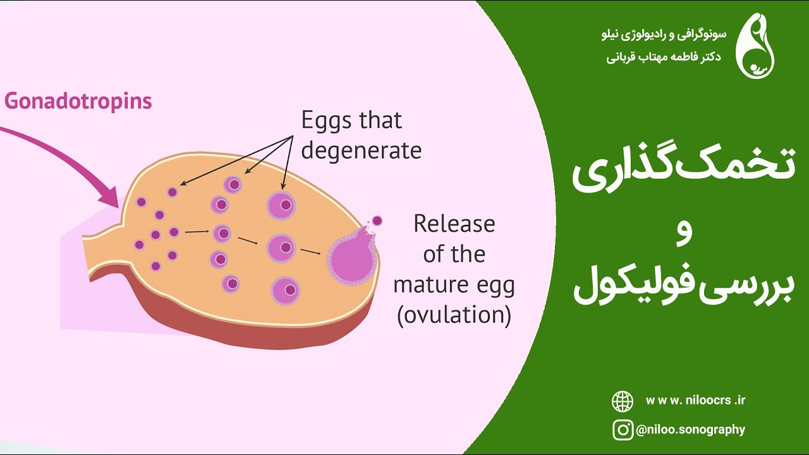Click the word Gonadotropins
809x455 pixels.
click(x=78, y=101)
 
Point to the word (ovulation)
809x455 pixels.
click(x=454, y=315)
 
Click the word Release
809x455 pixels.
click(x=454, y=224)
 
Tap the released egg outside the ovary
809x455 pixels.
click(x=377, y=221)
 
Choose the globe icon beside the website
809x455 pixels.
click(x=623, y=401)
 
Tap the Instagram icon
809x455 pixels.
click(x=623, y=430)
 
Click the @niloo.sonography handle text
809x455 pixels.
click(x=690, y=430)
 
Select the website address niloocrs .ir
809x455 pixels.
click(x=695, y=401)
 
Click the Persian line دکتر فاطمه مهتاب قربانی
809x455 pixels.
click(x=664, y=57)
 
